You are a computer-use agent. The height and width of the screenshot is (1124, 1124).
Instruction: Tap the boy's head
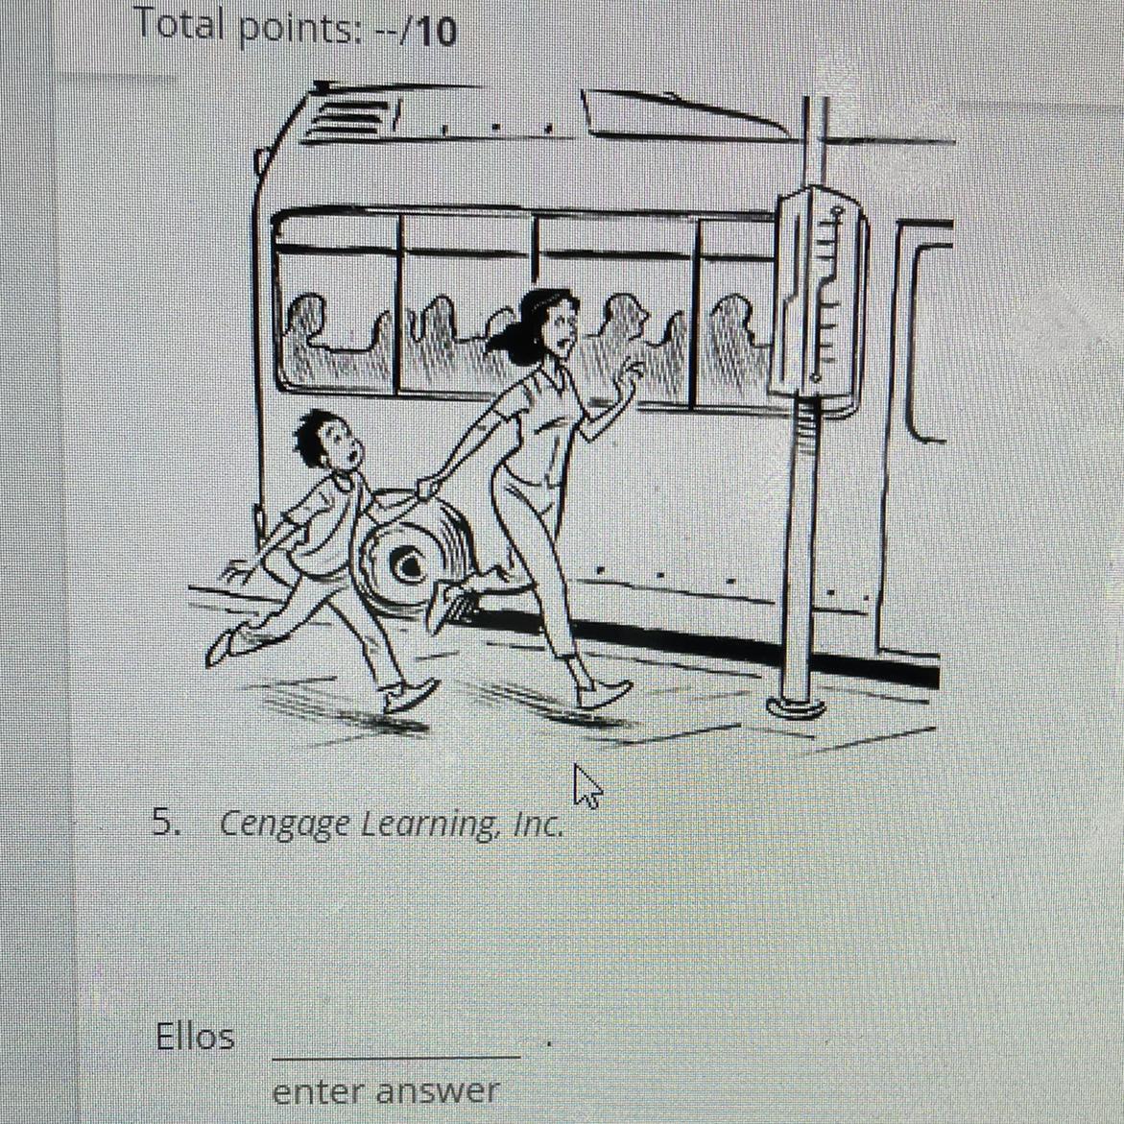pyautogui.click(x=327, y=441)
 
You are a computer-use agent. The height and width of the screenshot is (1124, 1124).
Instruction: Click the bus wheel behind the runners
pyautogui.click(x=412, y=556)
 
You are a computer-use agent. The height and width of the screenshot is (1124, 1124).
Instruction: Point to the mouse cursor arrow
pyautogui.click(x=587, y=786)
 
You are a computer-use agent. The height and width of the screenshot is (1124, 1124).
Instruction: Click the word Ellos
pyautogui.click(x=195, y=1037)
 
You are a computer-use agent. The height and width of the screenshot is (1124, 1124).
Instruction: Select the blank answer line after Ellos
pyautogui.click(x=396, y=1056)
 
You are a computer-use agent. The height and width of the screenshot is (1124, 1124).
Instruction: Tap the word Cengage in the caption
pyautogui.click(x=284, y=825)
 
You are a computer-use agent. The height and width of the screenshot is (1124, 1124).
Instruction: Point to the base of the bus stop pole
pyautogui.click(x=796, y=706)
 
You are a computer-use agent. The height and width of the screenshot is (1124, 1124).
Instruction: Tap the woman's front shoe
pyautogui.click(x=604, y=692)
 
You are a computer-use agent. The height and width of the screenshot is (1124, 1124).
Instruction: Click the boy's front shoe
pyautogui.click(x=410, y=694)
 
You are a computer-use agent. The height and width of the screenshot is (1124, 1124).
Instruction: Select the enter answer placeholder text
pyautogui.click(x=386, y=1092)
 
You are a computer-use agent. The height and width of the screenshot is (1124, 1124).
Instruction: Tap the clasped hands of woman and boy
pyautogui.click(x=426, y=488)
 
